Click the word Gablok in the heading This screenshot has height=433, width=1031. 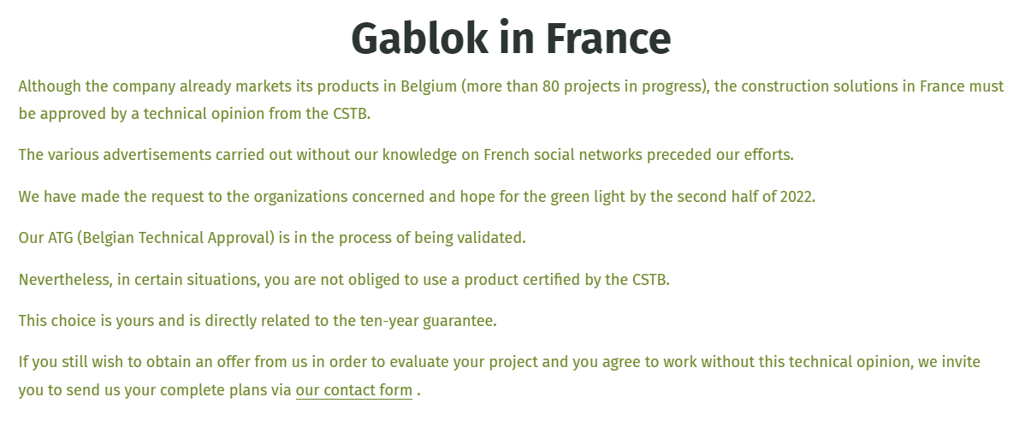(419, 39)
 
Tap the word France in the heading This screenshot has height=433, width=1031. (608, 39)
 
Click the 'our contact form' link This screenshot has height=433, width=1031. (354, 390)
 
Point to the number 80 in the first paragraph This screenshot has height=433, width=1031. (550, 86)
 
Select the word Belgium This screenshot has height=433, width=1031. (428, 86)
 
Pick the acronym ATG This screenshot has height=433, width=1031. (60, 238)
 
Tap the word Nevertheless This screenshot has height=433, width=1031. (64, 279)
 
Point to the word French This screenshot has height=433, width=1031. (507, 155)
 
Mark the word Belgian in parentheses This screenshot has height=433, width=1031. (108, 238)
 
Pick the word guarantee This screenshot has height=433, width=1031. (458, 321)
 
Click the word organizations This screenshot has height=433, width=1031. (300, 197)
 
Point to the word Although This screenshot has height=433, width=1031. (50, 86)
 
